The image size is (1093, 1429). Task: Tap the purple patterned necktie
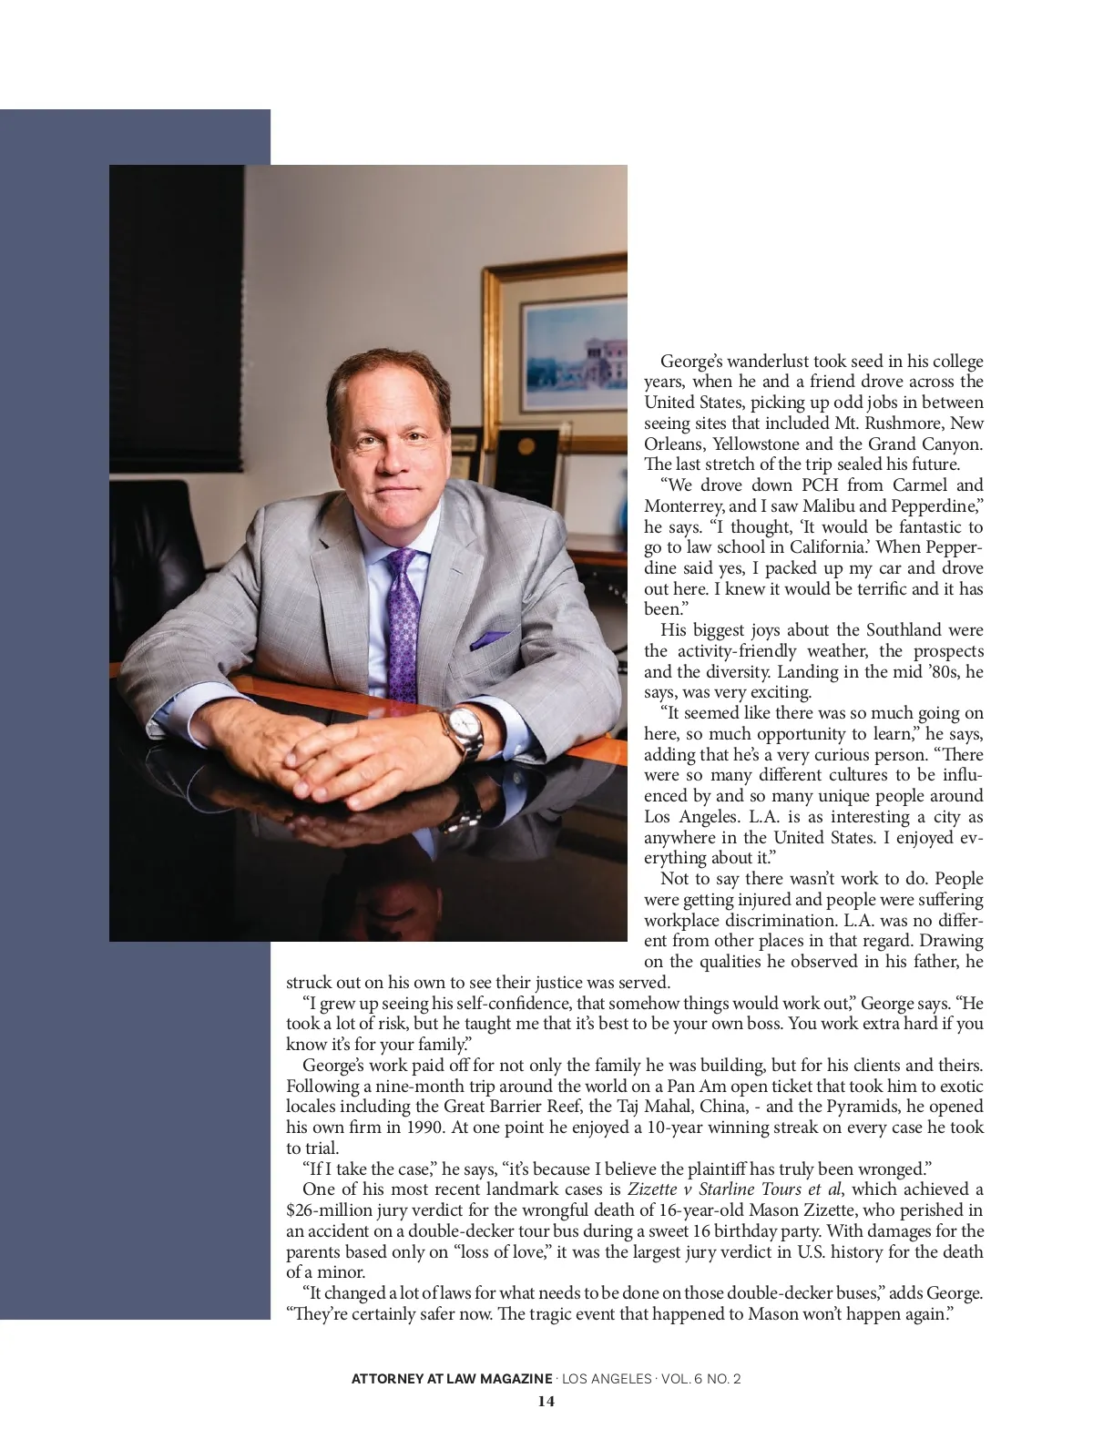click(403, 619)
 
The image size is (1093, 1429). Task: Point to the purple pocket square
click(493, 640)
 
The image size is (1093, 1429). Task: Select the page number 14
click(546, 1401)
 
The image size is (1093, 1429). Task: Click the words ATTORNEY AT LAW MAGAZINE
click(452, 1379)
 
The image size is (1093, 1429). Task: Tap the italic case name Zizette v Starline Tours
click(716, 1189)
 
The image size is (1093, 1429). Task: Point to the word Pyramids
click(913, 1107)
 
